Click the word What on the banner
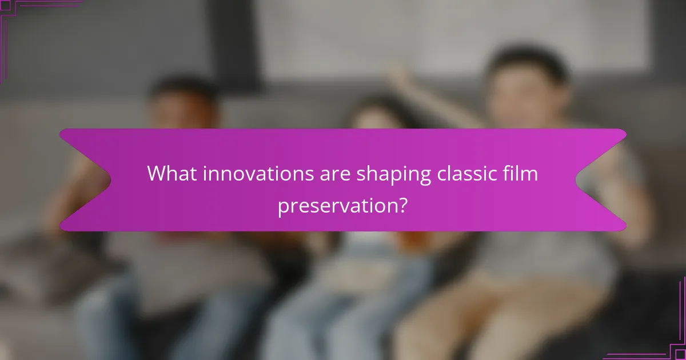tap(169, 174)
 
